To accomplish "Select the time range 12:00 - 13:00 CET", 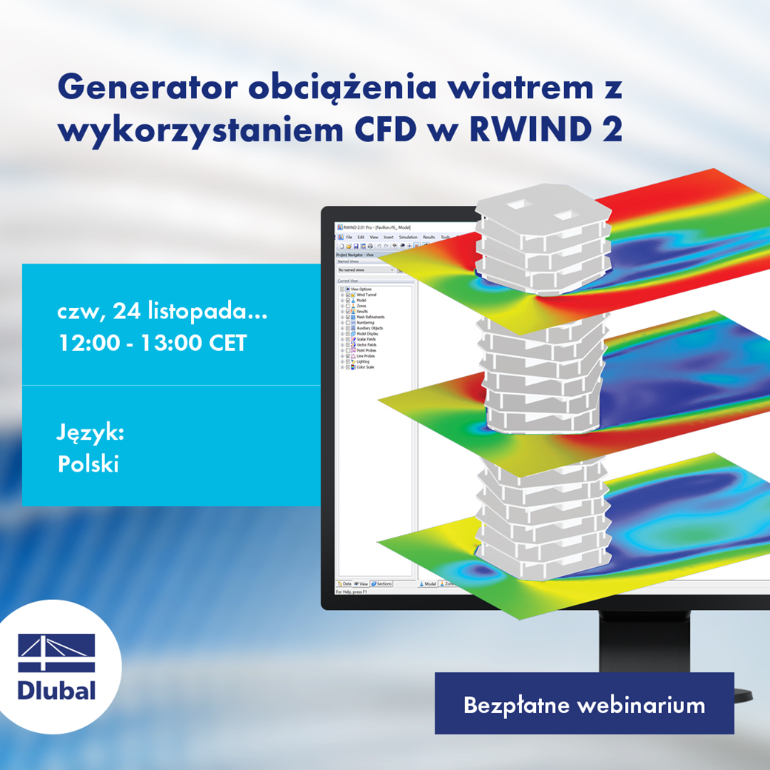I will click(152, 344).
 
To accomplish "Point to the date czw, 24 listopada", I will click(162, 313).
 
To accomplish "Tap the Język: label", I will click(90, 433).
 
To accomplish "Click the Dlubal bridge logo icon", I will click(57, 652).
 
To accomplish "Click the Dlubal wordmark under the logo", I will click(57, 691).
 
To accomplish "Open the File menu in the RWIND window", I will click(349, 237).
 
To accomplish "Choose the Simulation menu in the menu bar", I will click(408, 237).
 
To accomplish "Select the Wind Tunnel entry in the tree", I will click(366, 295).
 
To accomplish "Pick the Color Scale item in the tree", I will click(365, 367).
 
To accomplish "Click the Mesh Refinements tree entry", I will click(370, 317).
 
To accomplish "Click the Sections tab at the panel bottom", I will click(383, 584).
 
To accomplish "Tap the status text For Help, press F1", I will click(355, 592).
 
